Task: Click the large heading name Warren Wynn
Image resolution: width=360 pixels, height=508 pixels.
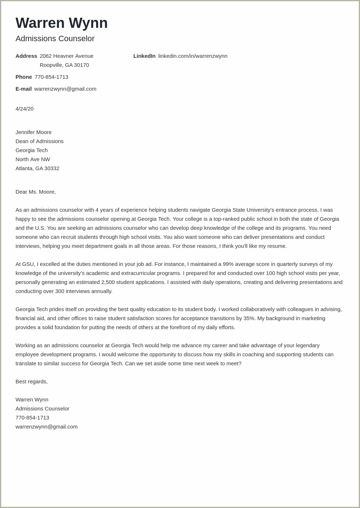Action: click(61, 23)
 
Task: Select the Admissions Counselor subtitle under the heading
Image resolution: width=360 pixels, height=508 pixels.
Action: click(55, 39)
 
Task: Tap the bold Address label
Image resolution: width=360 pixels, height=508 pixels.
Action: click(26, 56)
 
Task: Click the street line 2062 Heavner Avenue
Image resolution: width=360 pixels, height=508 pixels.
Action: click(67, 56)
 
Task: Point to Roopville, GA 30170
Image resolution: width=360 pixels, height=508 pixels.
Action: click(64, 65)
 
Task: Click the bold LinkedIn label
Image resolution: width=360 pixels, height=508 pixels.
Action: click(144, 56)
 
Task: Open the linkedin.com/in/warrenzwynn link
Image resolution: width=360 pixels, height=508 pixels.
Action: click(193, 56)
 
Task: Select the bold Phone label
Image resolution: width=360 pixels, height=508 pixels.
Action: click(23, 77)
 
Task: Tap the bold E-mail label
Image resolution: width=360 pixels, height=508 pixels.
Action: click(23, 89)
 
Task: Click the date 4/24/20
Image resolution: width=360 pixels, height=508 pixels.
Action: click(25, 109)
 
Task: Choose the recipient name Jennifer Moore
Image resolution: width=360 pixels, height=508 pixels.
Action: click(34, 132)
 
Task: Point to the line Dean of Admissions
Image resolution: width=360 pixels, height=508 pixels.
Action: click(39, 141)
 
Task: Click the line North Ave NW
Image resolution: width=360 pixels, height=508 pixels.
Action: click(33, 159)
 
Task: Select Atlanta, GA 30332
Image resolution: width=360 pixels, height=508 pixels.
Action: click(37, 168)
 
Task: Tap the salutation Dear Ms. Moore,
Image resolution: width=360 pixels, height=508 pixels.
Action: click(35, 192)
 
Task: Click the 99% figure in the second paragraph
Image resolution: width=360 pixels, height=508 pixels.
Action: click(228, 264)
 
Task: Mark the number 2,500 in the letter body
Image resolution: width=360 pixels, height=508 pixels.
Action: click(108, 282)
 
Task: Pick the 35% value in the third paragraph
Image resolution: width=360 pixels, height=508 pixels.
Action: click(249, 318)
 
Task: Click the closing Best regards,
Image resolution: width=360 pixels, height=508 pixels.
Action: click(31, 382)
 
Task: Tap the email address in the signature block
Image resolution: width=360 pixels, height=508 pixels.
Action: click(46, 427)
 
